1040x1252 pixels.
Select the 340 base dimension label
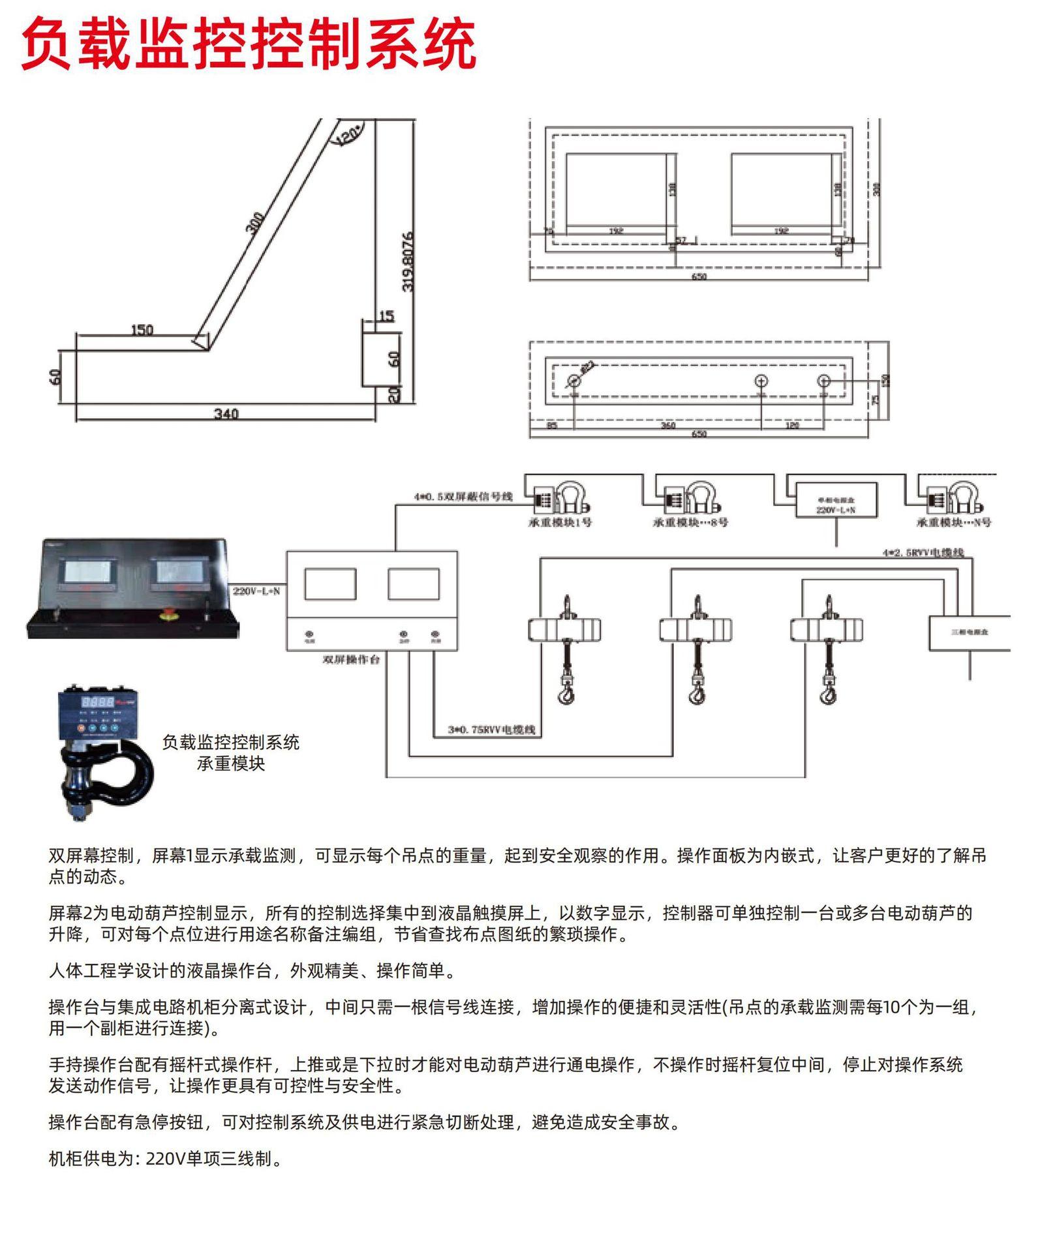coord(226,413)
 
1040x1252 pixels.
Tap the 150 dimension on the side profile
coord(142,330)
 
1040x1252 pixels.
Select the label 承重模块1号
coord(560,522)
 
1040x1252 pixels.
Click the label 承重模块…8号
coord(690,522)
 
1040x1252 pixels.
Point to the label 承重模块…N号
coord(953,522)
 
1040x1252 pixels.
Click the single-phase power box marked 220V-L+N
coord(836,501)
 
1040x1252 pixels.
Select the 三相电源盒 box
coord(969,633)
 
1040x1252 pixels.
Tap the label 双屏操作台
coord(351,660)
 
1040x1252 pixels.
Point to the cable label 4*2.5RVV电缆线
coord(923,553)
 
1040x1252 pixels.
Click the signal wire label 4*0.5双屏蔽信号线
coord(463,497)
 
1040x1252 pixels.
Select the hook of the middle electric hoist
coord(696,693)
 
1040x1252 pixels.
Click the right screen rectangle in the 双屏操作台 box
coord(413,584)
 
